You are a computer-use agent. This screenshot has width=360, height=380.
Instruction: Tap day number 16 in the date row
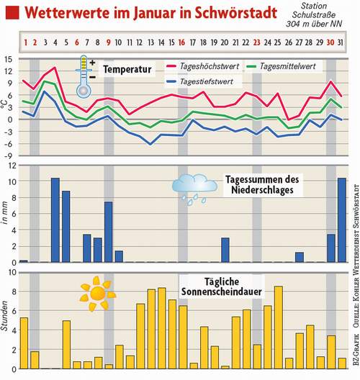[182, 42]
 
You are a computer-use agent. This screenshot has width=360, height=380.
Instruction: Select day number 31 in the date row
[341, 42]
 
